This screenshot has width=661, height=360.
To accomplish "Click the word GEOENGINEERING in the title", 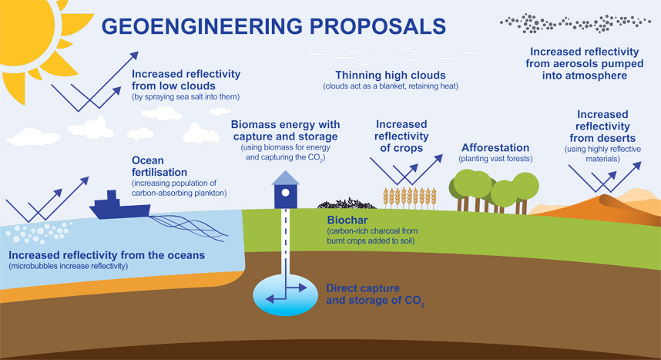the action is pyautogui.click(x=202, y=26).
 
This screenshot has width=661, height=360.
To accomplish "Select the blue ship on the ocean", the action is pyautogui.click(x=119, y=206).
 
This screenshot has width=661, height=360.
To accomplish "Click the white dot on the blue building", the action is pyautogui.click(x=285, y=193).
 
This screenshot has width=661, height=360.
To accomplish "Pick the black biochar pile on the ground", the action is pyautogui.click(x=347, y=204).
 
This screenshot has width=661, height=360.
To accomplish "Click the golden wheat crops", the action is pyautogui.click(x=410, y=198).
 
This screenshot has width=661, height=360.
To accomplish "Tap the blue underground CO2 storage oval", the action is pyautogui.click(x=285, y=294).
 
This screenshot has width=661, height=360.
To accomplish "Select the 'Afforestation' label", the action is pyautogui.click(x=495, y=148).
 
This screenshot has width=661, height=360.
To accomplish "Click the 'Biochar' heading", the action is pyautogui.click(x=347, y=220).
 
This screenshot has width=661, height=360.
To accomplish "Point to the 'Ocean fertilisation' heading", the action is pyautogui.click(x=159, y=167).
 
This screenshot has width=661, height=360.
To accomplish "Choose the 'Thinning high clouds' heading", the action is pyautogui.click(x=391, y=75).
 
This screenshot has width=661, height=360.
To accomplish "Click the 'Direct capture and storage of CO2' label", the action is pyautogui.click(x=375, y=294).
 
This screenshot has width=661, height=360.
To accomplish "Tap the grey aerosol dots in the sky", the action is pyautogui.click(x=575, y=23).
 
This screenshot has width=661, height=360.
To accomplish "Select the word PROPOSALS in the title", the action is pyautogui.click(x=377, y=26).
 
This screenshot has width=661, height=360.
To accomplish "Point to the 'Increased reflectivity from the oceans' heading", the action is pyautogui.click(x=106, y=255).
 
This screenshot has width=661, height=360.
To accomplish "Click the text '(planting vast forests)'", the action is pyautogui.click(x=495, y=159).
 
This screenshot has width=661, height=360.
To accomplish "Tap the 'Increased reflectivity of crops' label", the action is pyautogui.click(x=401, y=136).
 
